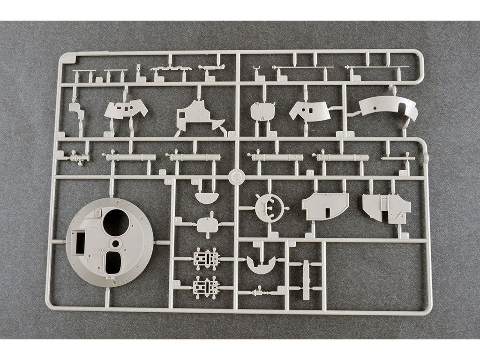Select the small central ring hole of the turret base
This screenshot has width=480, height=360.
pos(114,244)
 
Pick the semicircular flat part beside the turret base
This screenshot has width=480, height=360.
pos(207,197)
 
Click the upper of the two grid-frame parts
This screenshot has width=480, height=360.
pos(206,259)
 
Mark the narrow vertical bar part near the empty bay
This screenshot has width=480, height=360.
pos(307,280)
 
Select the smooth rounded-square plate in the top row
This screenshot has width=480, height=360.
pos(262,111)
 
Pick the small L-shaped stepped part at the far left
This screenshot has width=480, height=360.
pos(76,111)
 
